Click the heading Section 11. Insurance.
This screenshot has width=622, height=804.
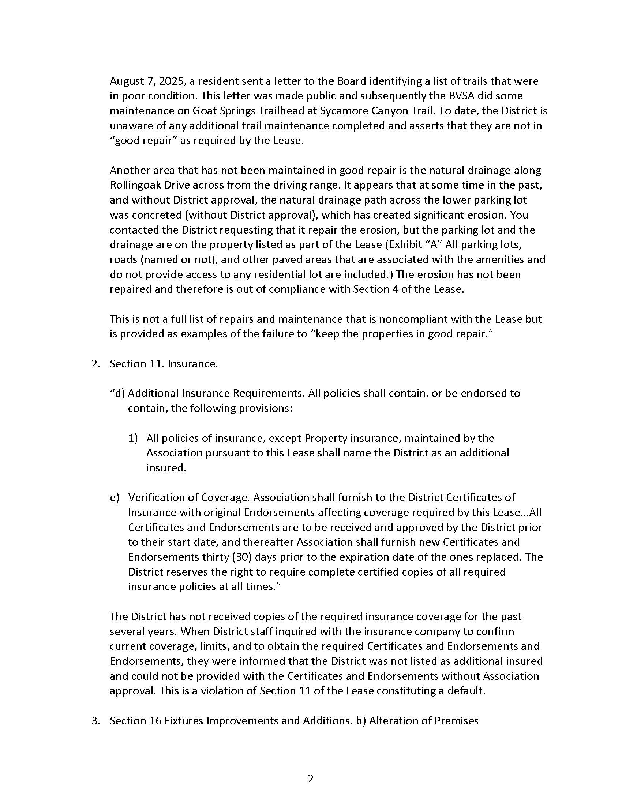point(164,364)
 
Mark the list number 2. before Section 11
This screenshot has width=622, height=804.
point(95,364)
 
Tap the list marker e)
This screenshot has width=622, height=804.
point(115,497)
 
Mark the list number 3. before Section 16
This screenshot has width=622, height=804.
point(95,720)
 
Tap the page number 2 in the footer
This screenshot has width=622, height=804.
point(311,780)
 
